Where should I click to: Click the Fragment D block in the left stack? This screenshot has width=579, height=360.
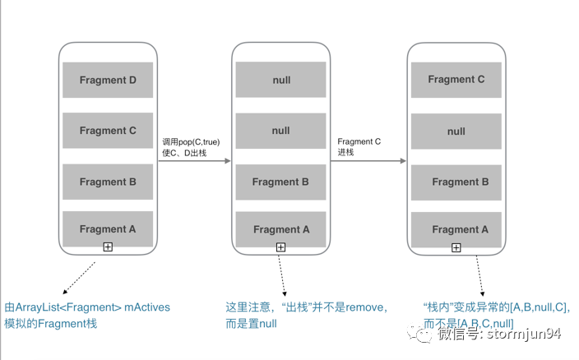pos(108,80)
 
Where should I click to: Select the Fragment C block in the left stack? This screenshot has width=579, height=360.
pos(108,131)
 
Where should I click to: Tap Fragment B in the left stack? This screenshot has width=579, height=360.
pos(108,182)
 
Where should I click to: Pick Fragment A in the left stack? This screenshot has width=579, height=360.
pos(108,229)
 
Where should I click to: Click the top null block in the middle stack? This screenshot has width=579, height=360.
pos(280,81)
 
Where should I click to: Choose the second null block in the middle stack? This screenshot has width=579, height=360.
pos(280,131)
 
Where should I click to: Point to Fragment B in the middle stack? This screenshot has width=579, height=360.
pos(280,182)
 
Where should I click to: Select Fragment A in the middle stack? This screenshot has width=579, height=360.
pos(280,229)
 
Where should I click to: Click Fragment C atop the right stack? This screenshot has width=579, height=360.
pos(456,80)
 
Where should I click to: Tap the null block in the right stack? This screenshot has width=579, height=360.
pos(456,131)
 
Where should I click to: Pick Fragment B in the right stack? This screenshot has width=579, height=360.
pos(456,182)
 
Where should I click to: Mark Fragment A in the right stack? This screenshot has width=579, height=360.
pos(456,229)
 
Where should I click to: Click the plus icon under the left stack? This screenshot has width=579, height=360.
pos(108,247)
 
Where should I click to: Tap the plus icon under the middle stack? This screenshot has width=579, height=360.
pos(280,247)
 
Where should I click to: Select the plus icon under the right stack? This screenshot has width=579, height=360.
pos(456,247)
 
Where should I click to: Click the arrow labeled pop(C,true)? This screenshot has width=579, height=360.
pos(194,161)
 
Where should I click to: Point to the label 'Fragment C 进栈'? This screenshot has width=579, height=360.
pos(359,146)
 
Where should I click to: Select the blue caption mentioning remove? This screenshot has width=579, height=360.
pos(306,307)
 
